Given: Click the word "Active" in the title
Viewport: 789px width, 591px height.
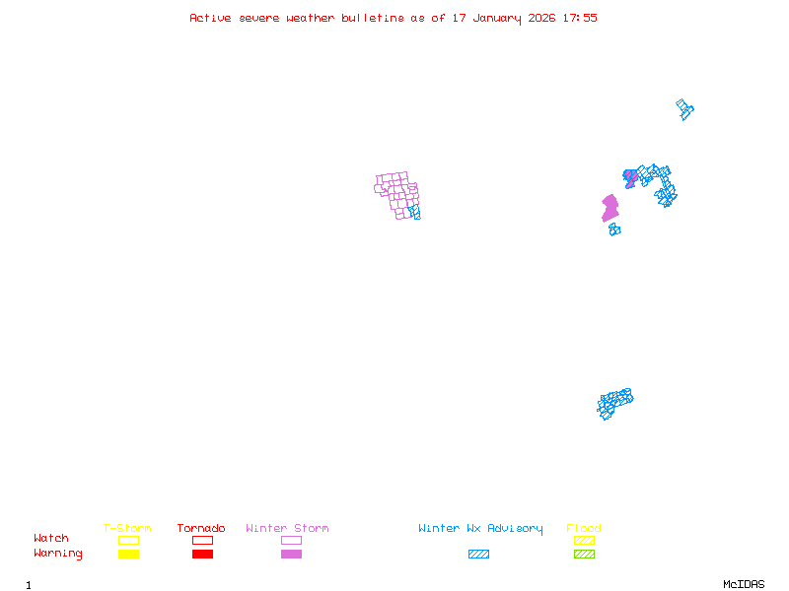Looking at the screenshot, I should (x=211, y=18).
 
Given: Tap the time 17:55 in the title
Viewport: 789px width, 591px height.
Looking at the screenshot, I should (x=580, y=18).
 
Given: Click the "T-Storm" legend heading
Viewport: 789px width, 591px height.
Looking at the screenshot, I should (x=127, y=529).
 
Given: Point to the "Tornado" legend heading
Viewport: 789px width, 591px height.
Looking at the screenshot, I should (x=201, y=529).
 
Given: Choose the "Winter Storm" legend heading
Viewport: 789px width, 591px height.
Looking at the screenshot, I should (x=287, y=529).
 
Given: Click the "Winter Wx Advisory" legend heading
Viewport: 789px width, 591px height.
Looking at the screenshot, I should (x=480, y=529).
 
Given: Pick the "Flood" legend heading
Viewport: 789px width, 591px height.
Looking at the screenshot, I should (x=584, y=529).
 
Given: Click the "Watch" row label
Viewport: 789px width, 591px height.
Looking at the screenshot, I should (x=51, y=539).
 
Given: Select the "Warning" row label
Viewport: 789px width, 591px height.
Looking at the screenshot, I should (x=58, y=554).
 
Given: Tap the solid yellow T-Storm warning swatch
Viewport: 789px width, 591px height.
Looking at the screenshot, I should (x=128, y=555).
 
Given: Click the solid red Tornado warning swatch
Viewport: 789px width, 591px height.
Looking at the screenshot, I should (x=202, y=555).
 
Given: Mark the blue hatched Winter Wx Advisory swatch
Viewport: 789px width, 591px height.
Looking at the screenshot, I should (x=478, y=555).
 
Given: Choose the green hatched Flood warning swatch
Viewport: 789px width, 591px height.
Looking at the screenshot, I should (x=584, y=555).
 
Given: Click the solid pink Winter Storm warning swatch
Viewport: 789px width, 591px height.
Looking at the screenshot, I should (x=291, y=555).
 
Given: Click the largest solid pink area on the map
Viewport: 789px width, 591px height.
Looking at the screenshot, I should (x=610, y=208).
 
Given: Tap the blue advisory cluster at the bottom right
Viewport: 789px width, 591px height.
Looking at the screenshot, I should (x=613, y=402).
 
